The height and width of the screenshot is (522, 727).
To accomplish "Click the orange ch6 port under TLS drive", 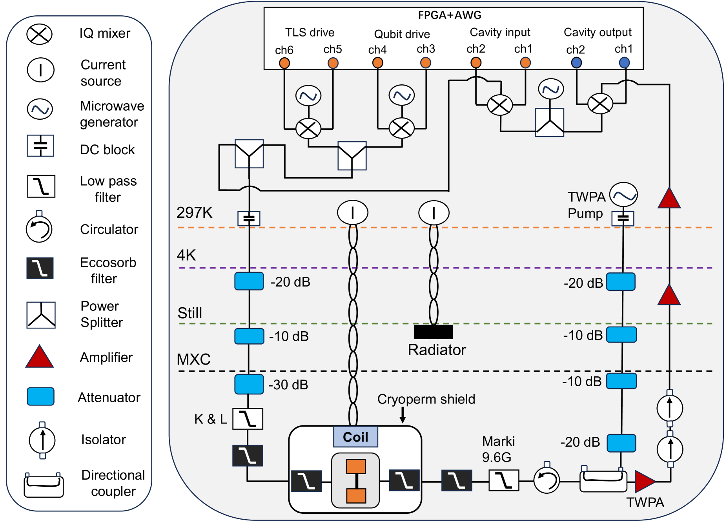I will pyautogui.click(x=284, y=63).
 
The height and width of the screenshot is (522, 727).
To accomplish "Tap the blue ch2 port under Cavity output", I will pyautogui.click(x=576, y=62).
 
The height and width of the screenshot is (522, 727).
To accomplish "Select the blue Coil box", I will pyautogui.click(x=355, y=437).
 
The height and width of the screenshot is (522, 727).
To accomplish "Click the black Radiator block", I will pyautogui.click(x=434, y=332).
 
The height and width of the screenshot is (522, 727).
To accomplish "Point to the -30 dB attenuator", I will pyautogui.click(x=249, y=384).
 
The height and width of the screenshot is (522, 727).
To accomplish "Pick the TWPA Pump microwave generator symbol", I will pyautogui.click(x=623, y=195).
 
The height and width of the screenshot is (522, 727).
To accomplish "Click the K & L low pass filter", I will pyautogui.click(x=248, y=419).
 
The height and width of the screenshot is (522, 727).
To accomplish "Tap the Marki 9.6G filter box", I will pyautogui.click(x=504, y=480).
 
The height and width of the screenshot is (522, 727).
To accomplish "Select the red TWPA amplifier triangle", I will pyautogui.click(x=644, y=481).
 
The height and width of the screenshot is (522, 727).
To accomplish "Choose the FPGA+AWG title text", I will pyautogui.click(x=450, y=15).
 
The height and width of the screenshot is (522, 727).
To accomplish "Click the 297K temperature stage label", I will pyautogui.click(x=195, y=213).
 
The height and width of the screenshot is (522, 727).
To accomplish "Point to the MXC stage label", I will pyautogui.click(x=194, y=359).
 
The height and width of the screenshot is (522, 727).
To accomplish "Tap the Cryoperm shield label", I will pyautogui.click(x=426, y=399).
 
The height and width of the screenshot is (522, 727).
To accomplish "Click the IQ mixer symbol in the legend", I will pyautogui.click(x=39, y=34).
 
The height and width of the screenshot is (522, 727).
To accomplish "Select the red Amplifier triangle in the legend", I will pyautogui.click(x=40, y=357).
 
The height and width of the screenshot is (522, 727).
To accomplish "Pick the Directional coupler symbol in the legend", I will pyautogui.click(x=44, y=486).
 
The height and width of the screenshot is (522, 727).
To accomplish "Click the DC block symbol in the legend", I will pyautogui.click(x=40, y=146).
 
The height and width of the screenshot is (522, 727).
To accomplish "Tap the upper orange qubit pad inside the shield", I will pyautogui.click(x=356, y=467).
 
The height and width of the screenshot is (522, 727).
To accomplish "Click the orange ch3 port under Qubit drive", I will pyautogui.click(x=426, y=63).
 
